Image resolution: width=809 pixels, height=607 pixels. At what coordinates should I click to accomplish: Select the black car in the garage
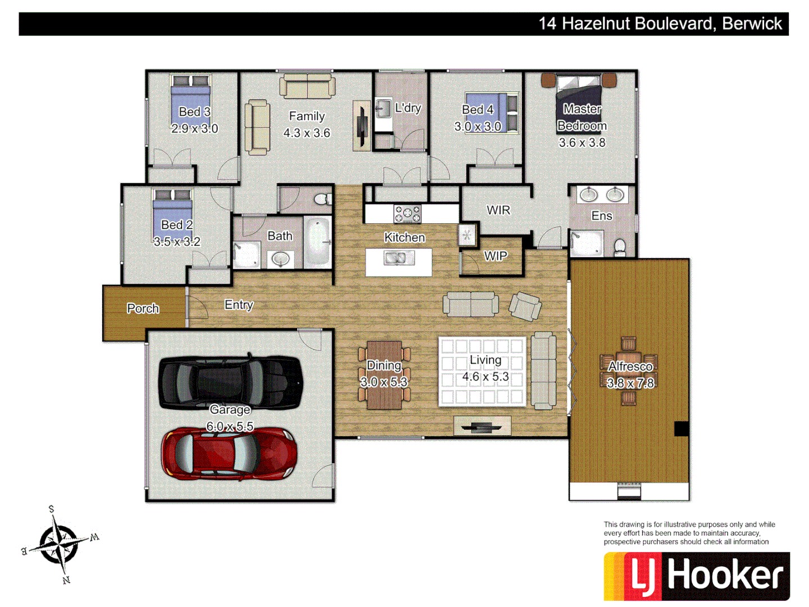click(x=231, y=382)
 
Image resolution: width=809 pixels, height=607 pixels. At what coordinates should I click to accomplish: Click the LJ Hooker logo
click(x=697, y=576)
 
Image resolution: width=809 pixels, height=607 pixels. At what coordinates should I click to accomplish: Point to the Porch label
click(x=143, y=309)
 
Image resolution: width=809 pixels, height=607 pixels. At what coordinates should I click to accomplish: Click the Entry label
click(x=239, y=305)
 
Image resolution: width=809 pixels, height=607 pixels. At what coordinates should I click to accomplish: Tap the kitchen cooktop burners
click(x=407, y=214)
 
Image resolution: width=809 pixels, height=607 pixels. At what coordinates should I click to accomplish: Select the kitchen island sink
click(x=398, y=258)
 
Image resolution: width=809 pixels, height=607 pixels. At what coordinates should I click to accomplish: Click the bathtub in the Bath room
click(x=317, y=242)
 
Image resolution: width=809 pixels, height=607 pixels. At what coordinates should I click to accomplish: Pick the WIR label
click(x=498, y=210)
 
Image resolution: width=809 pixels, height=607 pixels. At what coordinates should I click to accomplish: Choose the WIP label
click(x=496, y=256)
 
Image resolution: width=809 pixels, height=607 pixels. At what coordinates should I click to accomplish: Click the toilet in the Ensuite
click(x=620, y=247)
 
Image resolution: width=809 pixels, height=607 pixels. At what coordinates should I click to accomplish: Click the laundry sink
click(x=383, y=108)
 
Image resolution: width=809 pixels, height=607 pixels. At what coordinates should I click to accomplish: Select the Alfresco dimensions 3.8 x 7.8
click(x=630, y=383)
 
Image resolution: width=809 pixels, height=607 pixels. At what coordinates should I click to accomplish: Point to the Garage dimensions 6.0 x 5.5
click(x=230, y=427)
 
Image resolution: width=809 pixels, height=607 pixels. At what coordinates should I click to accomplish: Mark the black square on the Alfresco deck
click(x=681, y=429)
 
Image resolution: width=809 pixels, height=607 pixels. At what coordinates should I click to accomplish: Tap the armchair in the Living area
click(x=525, y=306)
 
